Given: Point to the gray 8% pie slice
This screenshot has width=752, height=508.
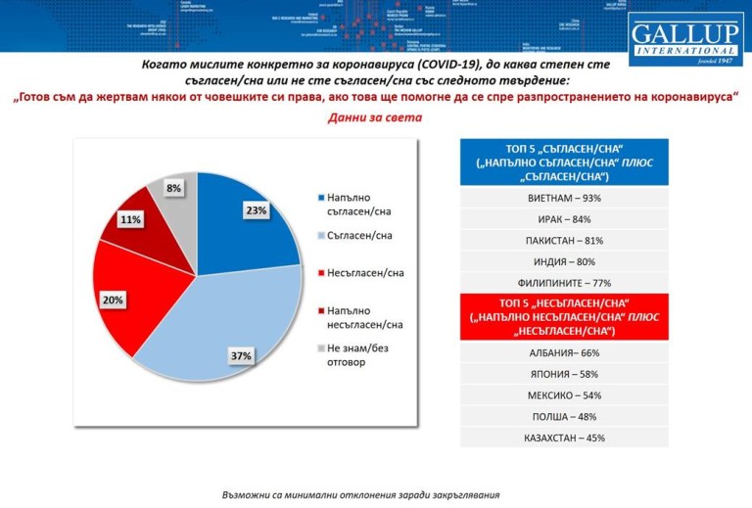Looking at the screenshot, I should [x=179, y=196].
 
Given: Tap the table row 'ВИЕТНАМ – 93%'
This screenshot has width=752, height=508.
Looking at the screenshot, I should [x=564, y=197].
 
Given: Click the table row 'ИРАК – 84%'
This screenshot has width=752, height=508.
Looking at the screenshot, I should [x=564, y=218].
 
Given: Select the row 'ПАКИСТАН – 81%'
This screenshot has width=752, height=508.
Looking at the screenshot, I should [x=564, y=240].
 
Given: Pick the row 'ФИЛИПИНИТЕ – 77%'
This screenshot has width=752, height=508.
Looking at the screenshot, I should [x=564, y=282].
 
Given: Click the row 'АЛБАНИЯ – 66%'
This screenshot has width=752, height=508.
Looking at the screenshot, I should [x=564, y=352].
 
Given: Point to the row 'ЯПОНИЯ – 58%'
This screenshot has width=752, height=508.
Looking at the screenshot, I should [x=564, y=374].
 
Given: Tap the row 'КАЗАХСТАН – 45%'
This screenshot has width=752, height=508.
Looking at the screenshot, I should [x=564, y=438].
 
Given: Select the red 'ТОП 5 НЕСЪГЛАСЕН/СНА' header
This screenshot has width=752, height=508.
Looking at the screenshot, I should [x=564, y=317].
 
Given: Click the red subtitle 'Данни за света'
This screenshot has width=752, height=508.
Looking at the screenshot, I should [x=375, y=118].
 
